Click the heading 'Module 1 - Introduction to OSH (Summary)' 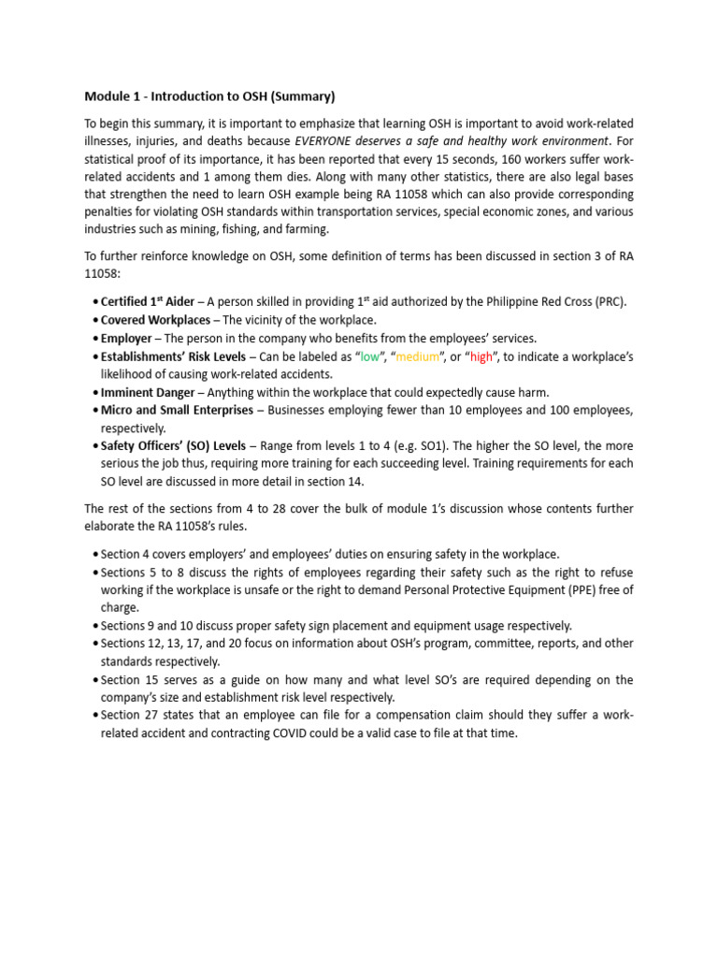(209, 96)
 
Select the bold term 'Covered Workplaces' (156, 320)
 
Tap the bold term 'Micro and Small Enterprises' (177, 410)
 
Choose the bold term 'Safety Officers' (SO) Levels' (173, 446)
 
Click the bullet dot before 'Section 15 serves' (96, 680)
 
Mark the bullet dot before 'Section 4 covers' (96, 554)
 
